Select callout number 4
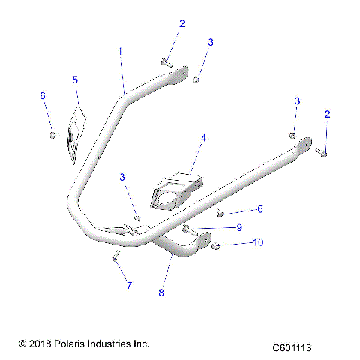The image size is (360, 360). coord(202,138)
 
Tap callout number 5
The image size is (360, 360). coord(75,79)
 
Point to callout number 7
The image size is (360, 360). coord(128,285)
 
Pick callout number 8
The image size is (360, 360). coord(160,292)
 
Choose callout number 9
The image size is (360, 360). coord(238,227)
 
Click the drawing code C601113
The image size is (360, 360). coord(292,348)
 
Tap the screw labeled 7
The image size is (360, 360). coord(115,257)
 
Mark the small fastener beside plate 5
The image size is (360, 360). coord(52,133)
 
